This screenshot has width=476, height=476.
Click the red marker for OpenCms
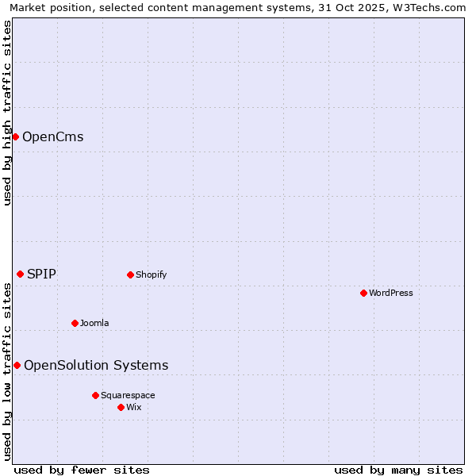[15, 136]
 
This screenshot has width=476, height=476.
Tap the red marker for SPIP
[20, 274]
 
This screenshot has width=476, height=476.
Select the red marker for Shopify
[130, 274]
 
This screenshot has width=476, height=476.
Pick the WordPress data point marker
[363, 293]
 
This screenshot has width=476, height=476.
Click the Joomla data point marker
[75, 323]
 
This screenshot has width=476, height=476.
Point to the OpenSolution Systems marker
[17, 365]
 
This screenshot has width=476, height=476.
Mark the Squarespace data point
[95, 395]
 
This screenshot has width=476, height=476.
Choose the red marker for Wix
[121, 407]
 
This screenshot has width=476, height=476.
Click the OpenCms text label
[52, 136]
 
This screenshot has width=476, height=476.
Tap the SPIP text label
[41, 274]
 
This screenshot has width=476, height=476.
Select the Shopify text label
[151, 274]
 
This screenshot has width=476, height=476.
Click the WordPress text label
[390, 293]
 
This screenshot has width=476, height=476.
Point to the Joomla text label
[94, 323]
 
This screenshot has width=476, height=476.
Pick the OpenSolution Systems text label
[96, 365]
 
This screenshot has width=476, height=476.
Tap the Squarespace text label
[128, 395]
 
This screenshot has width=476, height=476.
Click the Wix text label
[133, 407]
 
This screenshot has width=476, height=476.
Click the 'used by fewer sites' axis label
[82, 470]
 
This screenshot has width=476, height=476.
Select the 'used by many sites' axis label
[398, 470]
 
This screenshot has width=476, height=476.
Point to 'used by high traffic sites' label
[7, 113]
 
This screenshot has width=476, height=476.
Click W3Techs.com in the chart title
[433, 7]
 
